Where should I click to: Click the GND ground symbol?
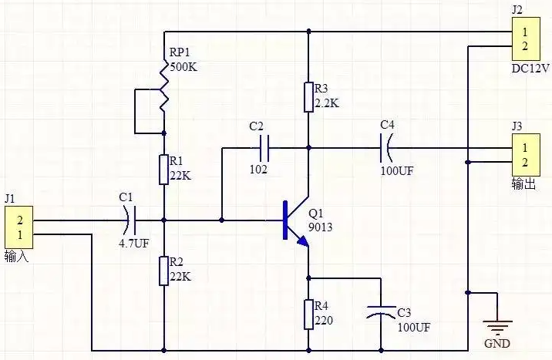pyautogui.click(x=497, y=326)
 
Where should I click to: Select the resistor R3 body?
pyautogui.click(x=308, y=97)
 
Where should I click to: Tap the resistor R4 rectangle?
pyautogui.click(x=308, y=315)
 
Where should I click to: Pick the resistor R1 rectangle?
pyautogui.click(x=163, y=170)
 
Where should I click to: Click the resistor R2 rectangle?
pyautogui.click(x=163, y=271)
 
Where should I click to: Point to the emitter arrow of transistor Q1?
pyautogui.click(x=303, y=241)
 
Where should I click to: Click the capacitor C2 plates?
pyautogui.click(x=264, y=148)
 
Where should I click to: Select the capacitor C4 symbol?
pyautogui.click(x=385, y=148)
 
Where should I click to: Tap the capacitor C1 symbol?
pyautogui.click(x=130, y=220)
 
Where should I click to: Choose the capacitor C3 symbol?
pyautogui.click(x=381, y=312)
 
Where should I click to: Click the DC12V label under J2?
pyautogui.click(x=530, y=69)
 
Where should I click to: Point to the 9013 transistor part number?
pyautogui.click(x=321, y=227)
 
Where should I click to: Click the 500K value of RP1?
pyautogui.click(x=183, y=67)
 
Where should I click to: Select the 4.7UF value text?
pyautogui.click(x=134, y=243)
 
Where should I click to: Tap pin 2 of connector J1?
pyautogui.click(x=20, y=220)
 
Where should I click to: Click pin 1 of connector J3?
pyautogui.click(x=525, y=148)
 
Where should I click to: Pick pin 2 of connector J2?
pyautogui.click(x=525, y=45)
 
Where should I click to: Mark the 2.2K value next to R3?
pyautogui.click(x=327, y=103)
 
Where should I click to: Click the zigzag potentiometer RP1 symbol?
pyautogui.click(x=163, y=87)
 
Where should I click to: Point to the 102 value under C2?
pyautogui.click(x=258, y=170)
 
